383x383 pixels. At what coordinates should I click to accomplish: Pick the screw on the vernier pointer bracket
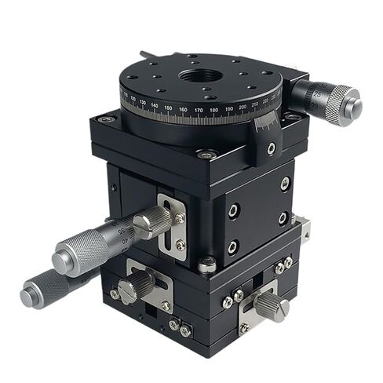[x=271, y=148]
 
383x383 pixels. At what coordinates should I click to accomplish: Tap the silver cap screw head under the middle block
[x=207, y=265]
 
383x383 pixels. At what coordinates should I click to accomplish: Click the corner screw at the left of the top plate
[x=108, y=119]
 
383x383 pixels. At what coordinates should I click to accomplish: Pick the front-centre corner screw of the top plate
[x=207, y=155]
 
